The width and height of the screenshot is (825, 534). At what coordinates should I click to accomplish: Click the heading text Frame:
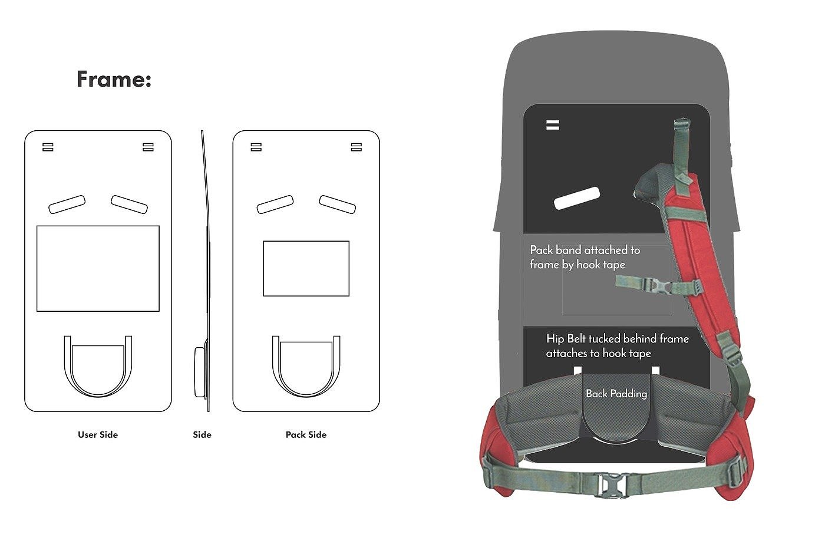coord(114,79)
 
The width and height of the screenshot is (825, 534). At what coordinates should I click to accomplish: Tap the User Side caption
coord(98,435)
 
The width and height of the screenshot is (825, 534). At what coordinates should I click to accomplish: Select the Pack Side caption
coord(306,435)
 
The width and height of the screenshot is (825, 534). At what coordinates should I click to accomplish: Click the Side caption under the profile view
coord(202,435)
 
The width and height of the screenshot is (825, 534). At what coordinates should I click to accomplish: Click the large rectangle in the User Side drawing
coord(98,268)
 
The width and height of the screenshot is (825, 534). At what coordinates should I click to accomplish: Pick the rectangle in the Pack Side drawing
coord(306,268)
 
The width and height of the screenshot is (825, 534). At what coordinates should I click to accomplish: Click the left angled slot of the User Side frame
coord(67,204)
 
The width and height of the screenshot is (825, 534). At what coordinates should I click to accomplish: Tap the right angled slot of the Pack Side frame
coord(338,204)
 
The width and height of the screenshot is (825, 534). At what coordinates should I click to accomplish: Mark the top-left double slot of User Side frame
coord(48,147)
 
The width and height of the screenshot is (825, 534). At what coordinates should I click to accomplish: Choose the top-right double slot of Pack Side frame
coord(356,147)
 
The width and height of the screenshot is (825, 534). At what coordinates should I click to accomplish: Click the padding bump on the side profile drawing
coord(199,371)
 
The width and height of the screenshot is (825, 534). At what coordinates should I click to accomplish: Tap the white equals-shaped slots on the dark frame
coord(552,125)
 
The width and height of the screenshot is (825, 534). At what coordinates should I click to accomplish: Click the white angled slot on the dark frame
coord(577,198)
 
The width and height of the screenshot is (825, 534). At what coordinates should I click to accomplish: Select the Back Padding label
coord(616,394)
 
